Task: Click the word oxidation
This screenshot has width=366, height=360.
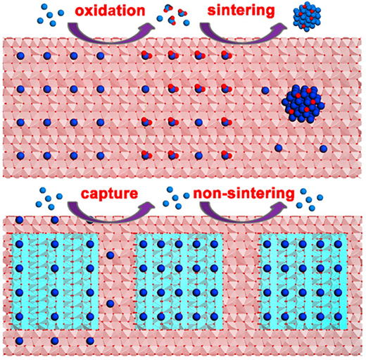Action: (x=110, y=11)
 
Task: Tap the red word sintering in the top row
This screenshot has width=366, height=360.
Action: (x=241, y=11)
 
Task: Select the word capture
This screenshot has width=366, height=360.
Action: (x=109, y=194)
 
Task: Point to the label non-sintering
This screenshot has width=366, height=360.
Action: (x=244, y=193)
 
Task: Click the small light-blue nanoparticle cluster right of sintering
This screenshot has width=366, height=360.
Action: (x=307, y=17)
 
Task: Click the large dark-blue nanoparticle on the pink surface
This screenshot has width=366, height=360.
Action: (x=303, y=104)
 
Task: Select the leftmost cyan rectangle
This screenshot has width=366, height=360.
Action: (x=54, y=281)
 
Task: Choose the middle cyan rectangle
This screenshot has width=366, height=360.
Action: (x=179, y=281)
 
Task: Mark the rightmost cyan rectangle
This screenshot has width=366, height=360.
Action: (x=303, y=281)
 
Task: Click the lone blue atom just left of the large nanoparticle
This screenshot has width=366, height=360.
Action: (x=265, y=90)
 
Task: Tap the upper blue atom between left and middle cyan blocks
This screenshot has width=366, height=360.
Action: (x=110, y=255)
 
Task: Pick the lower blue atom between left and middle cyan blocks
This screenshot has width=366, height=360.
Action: (x=110, y=304)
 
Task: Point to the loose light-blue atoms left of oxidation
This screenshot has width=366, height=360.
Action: (x=51, y=15)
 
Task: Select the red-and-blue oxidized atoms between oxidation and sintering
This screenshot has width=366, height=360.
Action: (x=173, y=15)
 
